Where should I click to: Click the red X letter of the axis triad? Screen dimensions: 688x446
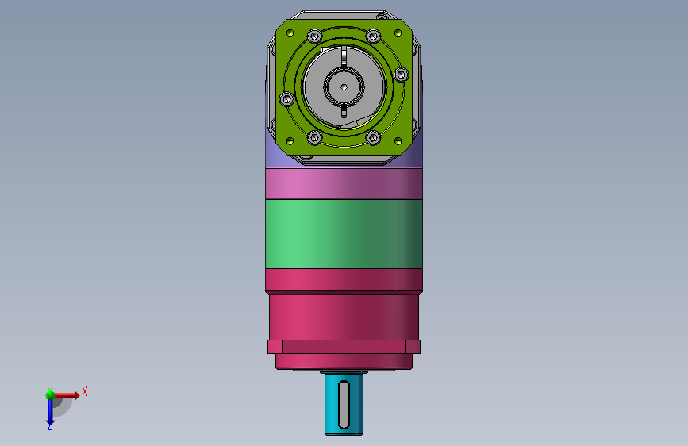[x=85, y=391]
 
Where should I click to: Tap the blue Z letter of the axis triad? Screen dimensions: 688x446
[x=49, y=426]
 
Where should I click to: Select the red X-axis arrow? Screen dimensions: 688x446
[x=66, y=395]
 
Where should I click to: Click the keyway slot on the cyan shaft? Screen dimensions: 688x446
[x=344, y=405]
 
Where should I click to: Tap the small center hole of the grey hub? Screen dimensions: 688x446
[x=344, y=87]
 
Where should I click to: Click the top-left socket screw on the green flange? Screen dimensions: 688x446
[x=314, y=36]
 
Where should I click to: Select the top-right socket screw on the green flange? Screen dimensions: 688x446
[x=374, y=36]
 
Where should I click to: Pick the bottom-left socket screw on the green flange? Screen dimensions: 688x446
[x=314, y=137]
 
